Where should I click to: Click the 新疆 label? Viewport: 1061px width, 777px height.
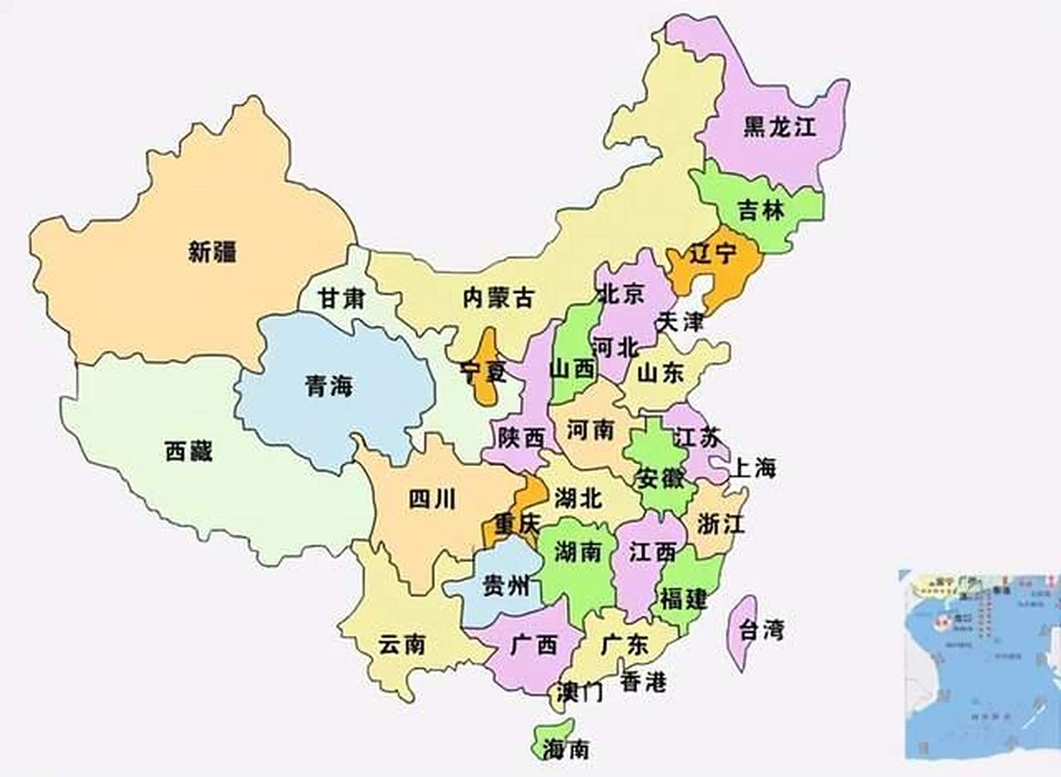coord(212,251)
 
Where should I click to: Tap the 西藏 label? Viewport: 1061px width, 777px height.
coord(189,451)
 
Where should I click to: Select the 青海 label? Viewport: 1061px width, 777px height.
coord(329,385)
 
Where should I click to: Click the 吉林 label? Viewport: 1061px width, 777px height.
coord(761,211)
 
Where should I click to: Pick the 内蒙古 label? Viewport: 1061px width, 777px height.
coord(498,297)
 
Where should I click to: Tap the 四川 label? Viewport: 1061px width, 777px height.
coord(432,500)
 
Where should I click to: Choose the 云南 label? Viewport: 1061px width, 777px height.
coord(401,644)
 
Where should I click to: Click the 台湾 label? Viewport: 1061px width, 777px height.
coord(762,630)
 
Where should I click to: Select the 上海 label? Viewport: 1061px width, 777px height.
coord(755,468)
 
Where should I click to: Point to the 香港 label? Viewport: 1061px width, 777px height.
coord(643,682)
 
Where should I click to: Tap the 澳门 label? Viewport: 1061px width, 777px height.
coord(580,691)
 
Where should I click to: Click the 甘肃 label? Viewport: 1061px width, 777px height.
coord(341,298)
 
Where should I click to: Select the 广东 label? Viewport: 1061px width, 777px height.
coord(624,644)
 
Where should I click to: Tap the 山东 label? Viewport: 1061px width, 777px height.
coord(660,372)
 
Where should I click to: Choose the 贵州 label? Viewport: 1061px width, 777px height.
coord(505,586)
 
